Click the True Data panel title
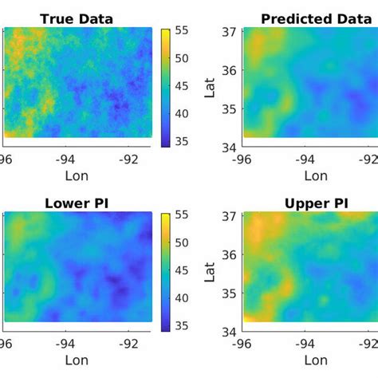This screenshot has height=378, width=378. pyautogui.click(x=77, y=19)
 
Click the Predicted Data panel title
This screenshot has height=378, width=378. pyautogui.click(x=317, y=19)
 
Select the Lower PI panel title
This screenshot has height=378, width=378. pyautogui.click(x=77, y=204)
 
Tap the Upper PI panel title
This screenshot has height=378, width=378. pyautogui.click(x=317, y=204)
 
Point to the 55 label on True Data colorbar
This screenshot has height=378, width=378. pyautogui.click(x=182, y=30)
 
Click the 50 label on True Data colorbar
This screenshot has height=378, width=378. pyautogui.click(x=182, y=58)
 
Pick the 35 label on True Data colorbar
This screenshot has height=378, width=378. pyautogui.click(x=182, y=141)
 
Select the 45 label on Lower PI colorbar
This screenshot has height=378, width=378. pyautogui.click(x=182, y=270)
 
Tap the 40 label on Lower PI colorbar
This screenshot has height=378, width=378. pyautogui.click(x=182, y=298)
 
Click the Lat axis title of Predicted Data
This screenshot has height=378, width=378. pyautogui.click(x=210, y=88)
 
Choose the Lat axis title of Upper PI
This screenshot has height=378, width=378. pyautogui.click(x=210, y=272)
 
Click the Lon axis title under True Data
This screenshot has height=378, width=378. pyautogui.click(x=77, y=176)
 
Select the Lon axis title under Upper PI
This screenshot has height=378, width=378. pyautogui.click(x=316, y=360)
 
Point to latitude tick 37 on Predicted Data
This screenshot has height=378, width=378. pyautogui.click(x=229, y=32)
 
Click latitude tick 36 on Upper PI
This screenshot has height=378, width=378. pyautogui.click(x=229, y=255)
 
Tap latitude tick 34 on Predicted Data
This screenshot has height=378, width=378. pyautogui.click(x=229, y=148)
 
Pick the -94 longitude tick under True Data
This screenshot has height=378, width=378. pyautogui.click(x=65, y=159)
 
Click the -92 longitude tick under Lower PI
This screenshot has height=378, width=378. pyautogui.click(x=128, y=345)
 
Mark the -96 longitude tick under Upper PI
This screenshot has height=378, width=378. pyautogui.click(x=242, y=345)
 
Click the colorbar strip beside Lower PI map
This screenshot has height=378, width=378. pyautogui.click(x=165, y=273)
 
